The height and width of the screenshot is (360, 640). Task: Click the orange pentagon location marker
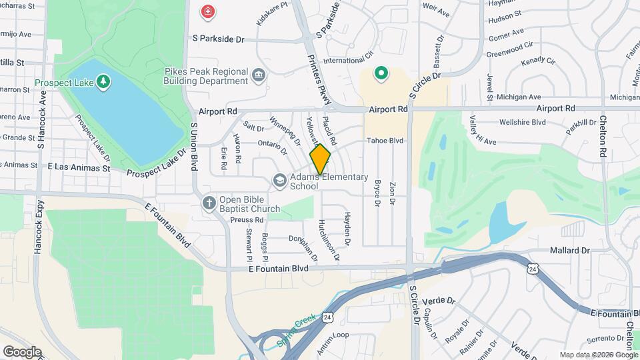(x=321, y=159)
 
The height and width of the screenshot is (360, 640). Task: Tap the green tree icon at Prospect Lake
(x=103, y=81)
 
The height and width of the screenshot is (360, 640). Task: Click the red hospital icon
(x=208, y=11)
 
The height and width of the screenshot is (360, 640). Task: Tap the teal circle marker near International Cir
(x=381, y=73)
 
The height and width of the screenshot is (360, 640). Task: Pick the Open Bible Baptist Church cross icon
(x=209, y=202)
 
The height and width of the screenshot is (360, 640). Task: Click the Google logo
(x=21, y=351)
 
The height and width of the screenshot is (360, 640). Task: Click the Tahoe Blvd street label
(x=385, y=141)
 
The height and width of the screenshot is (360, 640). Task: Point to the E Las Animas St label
(x=79, y=168)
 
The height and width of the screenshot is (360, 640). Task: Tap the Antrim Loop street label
(x=332, y=335)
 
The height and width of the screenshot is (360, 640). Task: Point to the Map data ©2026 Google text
(x=598, y=355)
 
